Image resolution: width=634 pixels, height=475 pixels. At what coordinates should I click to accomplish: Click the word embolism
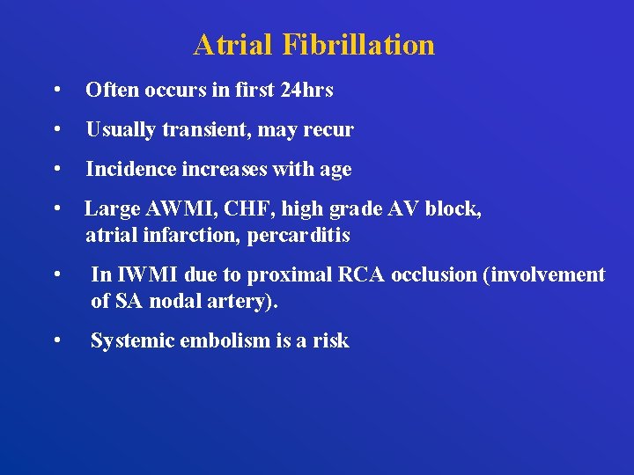tap(226, 340)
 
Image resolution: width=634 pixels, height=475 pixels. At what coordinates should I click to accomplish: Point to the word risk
tap(329, 340)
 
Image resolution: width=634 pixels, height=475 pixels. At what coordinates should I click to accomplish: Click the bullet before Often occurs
tap(56, 91)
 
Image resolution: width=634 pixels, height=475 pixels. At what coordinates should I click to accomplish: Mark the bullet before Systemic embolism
tap(56, 340)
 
